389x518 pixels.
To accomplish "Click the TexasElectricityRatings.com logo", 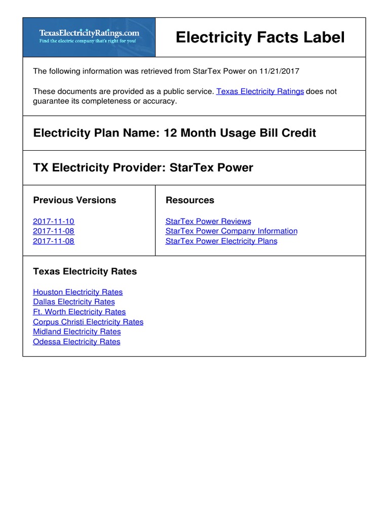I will (x=89, y=37).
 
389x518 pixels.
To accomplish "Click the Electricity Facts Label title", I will (x=260, y=37).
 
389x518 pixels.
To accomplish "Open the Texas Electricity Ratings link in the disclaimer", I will (x=260, y=92).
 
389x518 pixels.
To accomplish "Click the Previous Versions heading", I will (x=74, y=200).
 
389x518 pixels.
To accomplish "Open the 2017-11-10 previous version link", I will (x=54, y=222).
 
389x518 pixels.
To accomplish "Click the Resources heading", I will (x=190, y=200).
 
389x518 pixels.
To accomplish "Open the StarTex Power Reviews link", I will (x=208, y=222).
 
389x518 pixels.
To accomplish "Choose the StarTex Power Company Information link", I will (x=231, y=231).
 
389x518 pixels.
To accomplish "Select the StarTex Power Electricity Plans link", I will (x=221, y=241).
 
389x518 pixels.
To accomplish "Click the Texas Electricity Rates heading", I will (x=85, y=272).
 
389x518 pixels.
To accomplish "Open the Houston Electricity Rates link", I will (x=77, y=292).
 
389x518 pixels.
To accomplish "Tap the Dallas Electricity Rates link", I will (x=74, y=302).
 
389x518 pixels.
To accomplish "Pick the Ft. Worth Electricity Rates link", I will (x=79, y=312).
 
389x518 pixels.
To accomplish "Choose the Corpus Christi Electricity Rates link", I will (x=88, y=322).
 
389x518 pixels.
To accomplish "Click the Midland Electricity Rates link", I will (x=77, y=332).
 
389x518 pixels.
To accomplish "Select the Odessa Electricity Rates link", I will (x=76, y=342).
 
